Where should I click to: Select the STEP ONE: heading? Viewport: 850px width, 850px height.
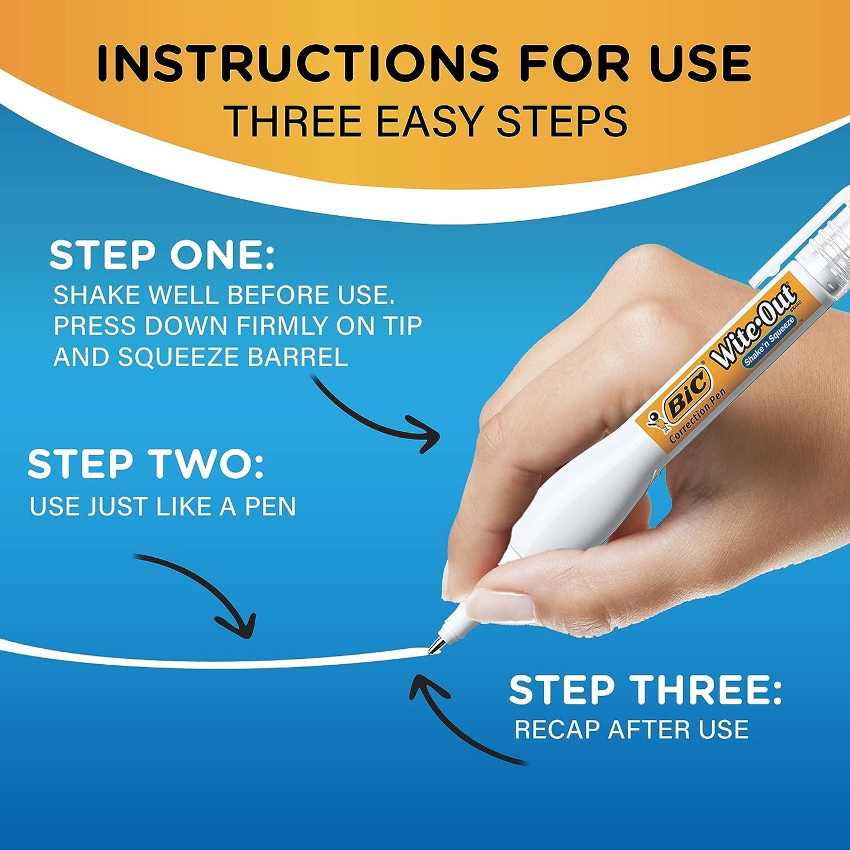pyautogui.click(x=162, y=256)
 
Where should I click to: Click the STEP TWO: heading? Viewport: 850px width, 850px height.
pyautogui.click(x=145, y=464)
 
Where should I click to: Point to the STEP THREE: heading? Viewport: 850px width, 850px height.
pyautogui.click(x=645, y=691)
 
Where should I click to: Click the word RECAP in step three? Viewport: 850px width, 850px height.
pyautogui.click(x=557, y=730)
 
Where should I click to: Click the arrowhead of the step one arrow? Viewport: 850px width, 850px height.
pyautogui.click(x=428, y=434)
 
